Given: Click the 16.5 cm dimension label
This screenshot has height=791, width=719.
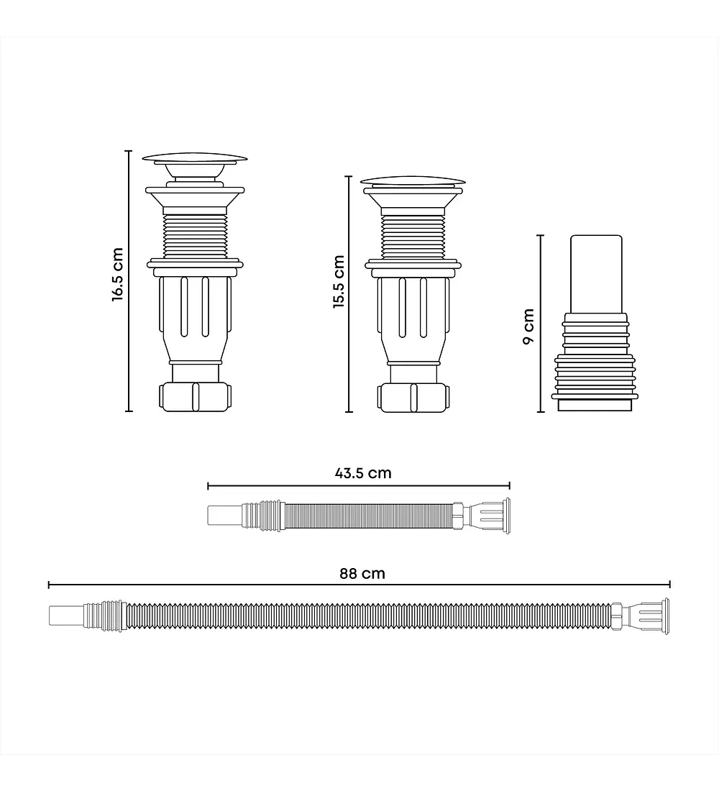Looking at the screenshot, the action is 118,275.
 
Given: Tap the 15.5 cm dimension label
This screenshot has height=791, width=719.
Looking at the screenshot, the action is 339,281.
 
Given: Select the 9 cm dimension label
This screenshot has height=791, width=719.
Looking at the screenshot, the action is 528,326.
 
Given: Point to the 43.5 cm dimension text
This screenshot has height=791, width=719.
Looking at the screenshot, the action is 363,473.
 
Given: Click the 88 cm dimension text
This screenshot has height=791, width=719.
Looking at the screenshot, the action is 362,574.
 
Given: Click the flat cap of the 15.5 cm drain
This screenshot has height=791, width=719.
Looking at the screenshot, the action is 413,182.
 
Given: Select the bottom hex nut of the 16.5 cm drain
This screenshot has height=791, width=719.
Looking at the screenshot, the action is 196,397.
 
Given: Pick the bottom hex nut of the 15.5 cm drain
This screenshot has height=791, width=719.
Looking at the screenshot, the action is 413,398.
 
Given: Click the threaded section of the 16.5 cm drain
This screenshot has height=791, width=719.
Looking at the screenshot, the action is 196,236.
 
